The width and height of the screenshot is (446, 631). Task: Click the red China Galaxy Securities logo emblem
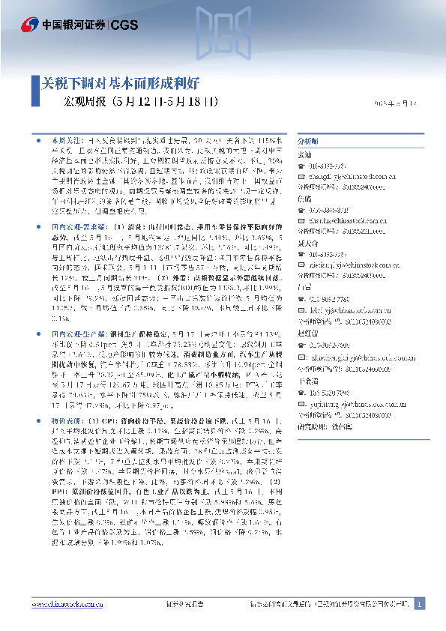(29, 25)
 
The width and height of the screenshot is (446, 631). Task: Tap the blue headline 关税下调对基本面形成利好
(119, 83)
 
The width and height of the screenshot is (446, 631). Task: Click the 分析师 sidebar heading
(308, 140)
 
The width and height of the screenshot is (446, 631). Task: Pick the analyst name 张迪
(304, 154)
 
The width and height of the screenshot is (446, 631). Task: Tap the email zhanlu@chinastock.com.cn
(344, 221)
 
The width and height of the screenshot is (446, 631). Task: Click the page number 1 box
(419, 604)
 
